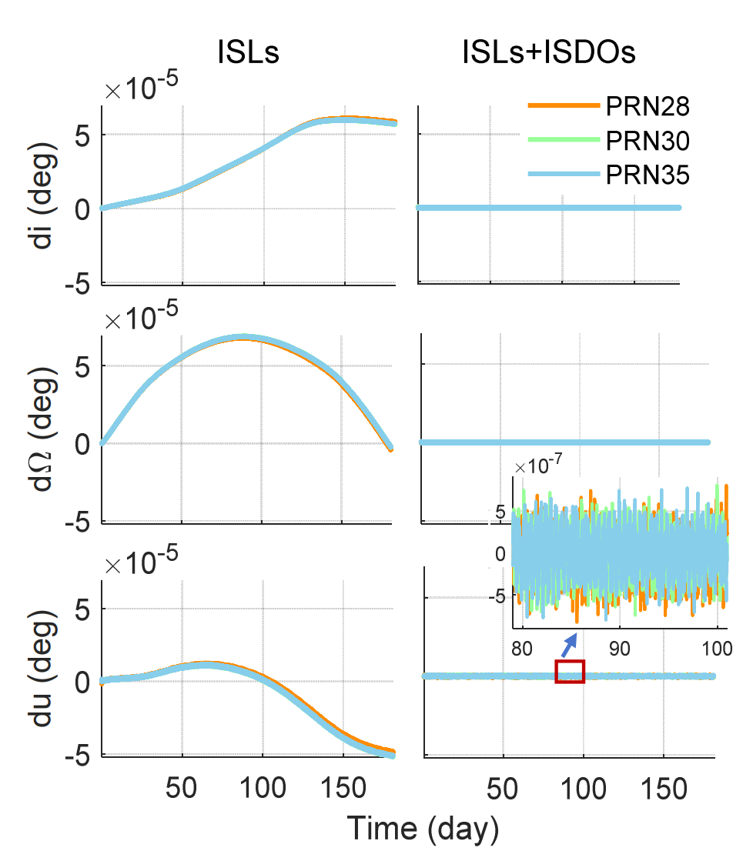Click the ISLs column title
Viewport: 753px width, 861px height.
(x=246, y=53)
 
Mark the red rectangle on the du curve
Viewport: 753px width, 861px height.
(x=570, y=671)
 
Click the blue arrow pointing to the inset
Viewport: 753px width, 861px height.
(x=569, y=643)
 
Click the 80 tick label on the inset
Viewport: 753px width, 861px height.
(x=522, y=648)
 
